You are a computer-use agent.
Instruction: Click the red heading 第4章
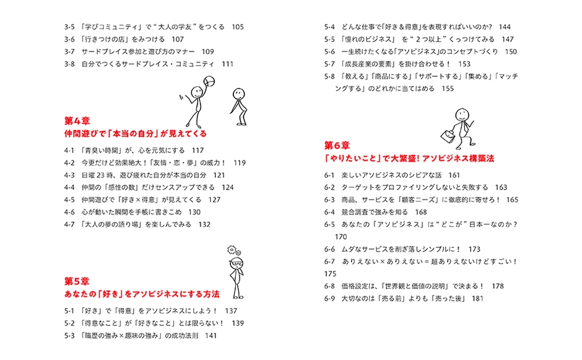click(x=77, y=120)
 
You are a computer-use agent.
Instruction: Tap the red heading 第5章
click(x=77, y=279)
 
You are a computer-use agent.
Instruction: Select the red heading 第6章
click(x=337, y=145)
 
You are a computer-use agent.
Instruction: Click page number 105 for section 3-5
click(x=238, y=27)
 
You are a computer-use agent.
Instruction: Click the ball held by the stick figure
click(x=209, y=82)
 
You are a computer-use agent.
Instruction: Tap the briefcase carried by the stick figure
click(x=448, y=134)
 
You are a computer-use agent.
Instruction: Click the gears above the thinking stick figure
click(x=232, y=250)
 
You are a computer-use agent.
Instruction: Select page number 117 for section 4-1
click(x=198, y=151)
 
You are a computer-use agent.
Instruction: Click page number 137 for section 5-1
click(x=232, y=310)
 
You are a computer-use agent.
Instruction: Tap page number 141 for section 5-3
click(x=211, y=336)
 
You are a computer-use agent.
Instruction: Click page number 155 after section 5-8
click(x=448, y=89)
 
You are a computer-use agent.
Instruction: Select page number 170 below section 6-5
click(x=341, y=237)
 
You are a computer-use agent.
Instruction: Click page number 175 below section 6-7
click(x=330, y=273)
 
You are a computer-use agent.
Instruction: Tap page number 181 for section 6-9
click(x=477, y=298)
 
